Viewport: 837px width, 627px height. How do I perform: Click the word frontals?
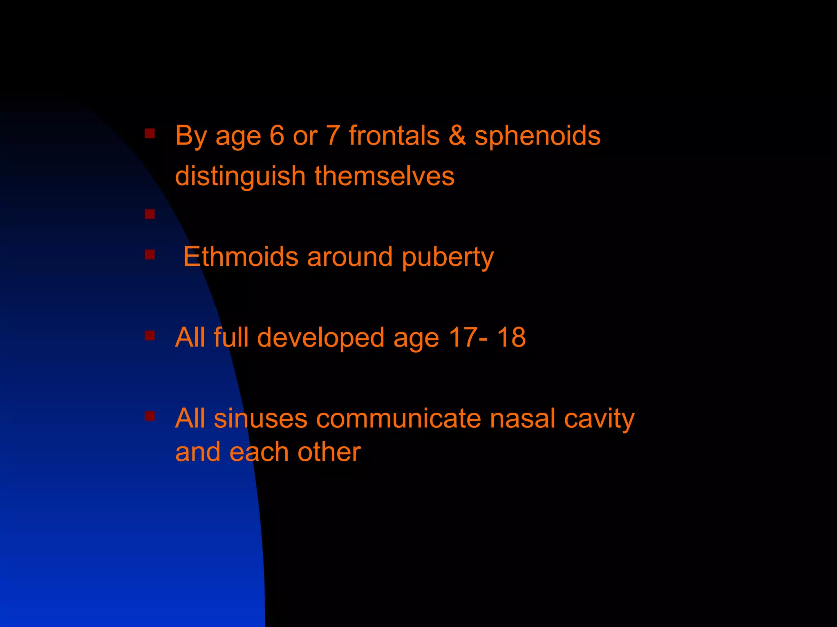tap(394, 136)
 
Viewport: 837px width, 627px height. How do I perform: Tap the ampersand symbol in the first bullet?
tap(457, 136)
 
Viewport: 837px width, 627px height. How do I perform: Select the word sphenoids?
tap(537, 136)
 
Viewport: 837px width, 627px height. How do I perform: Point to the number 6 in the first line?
tap(277, 136)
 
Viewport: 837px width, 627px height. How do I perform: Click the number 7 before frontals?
tap(333, 136)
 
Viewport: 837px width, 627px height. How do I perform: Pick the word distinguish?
tap(240, 176)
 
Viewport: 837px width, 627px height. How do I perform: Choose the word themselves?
tap(384, 176)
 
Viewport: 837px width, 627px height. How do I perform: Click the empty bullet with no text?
tap(150, 214)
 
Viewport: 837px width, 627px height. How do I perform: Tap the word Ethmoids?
tap(241, 257)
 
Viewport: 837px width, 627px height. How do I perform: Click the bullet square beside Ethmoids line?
tap(150, 255)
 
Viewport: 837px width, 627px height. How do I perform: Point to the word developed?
tap(320, 338)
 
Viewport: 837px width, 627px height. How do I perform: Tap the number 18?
tap(511, 338)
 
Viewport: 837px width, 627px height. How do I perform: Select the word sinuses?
tap(260, 419)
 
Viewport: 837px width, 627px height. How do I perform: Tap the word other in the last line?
tap(329, 452)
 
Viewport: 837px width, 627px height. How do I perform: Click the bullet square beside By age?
tap(150, 133)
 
